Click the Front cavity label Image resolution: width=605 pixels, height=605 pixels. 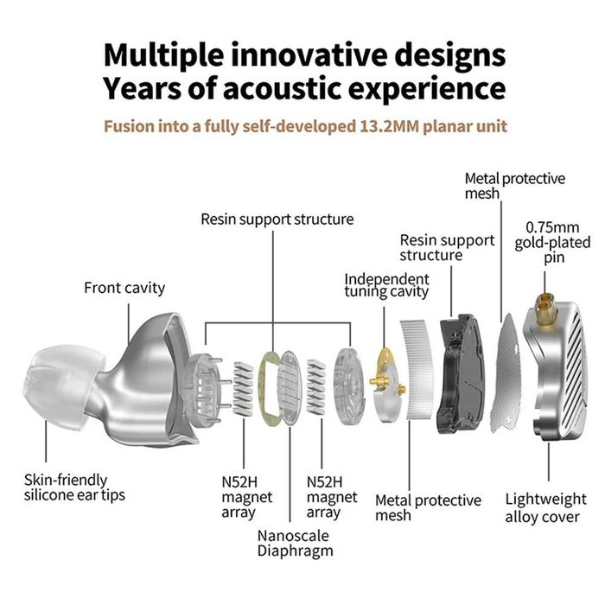click(124, 288)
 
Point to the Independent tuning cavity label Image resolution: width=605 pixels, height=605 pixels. click(386, 284)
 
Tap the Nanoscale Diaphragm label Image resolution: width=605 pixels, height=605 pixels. click(294, 542)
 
